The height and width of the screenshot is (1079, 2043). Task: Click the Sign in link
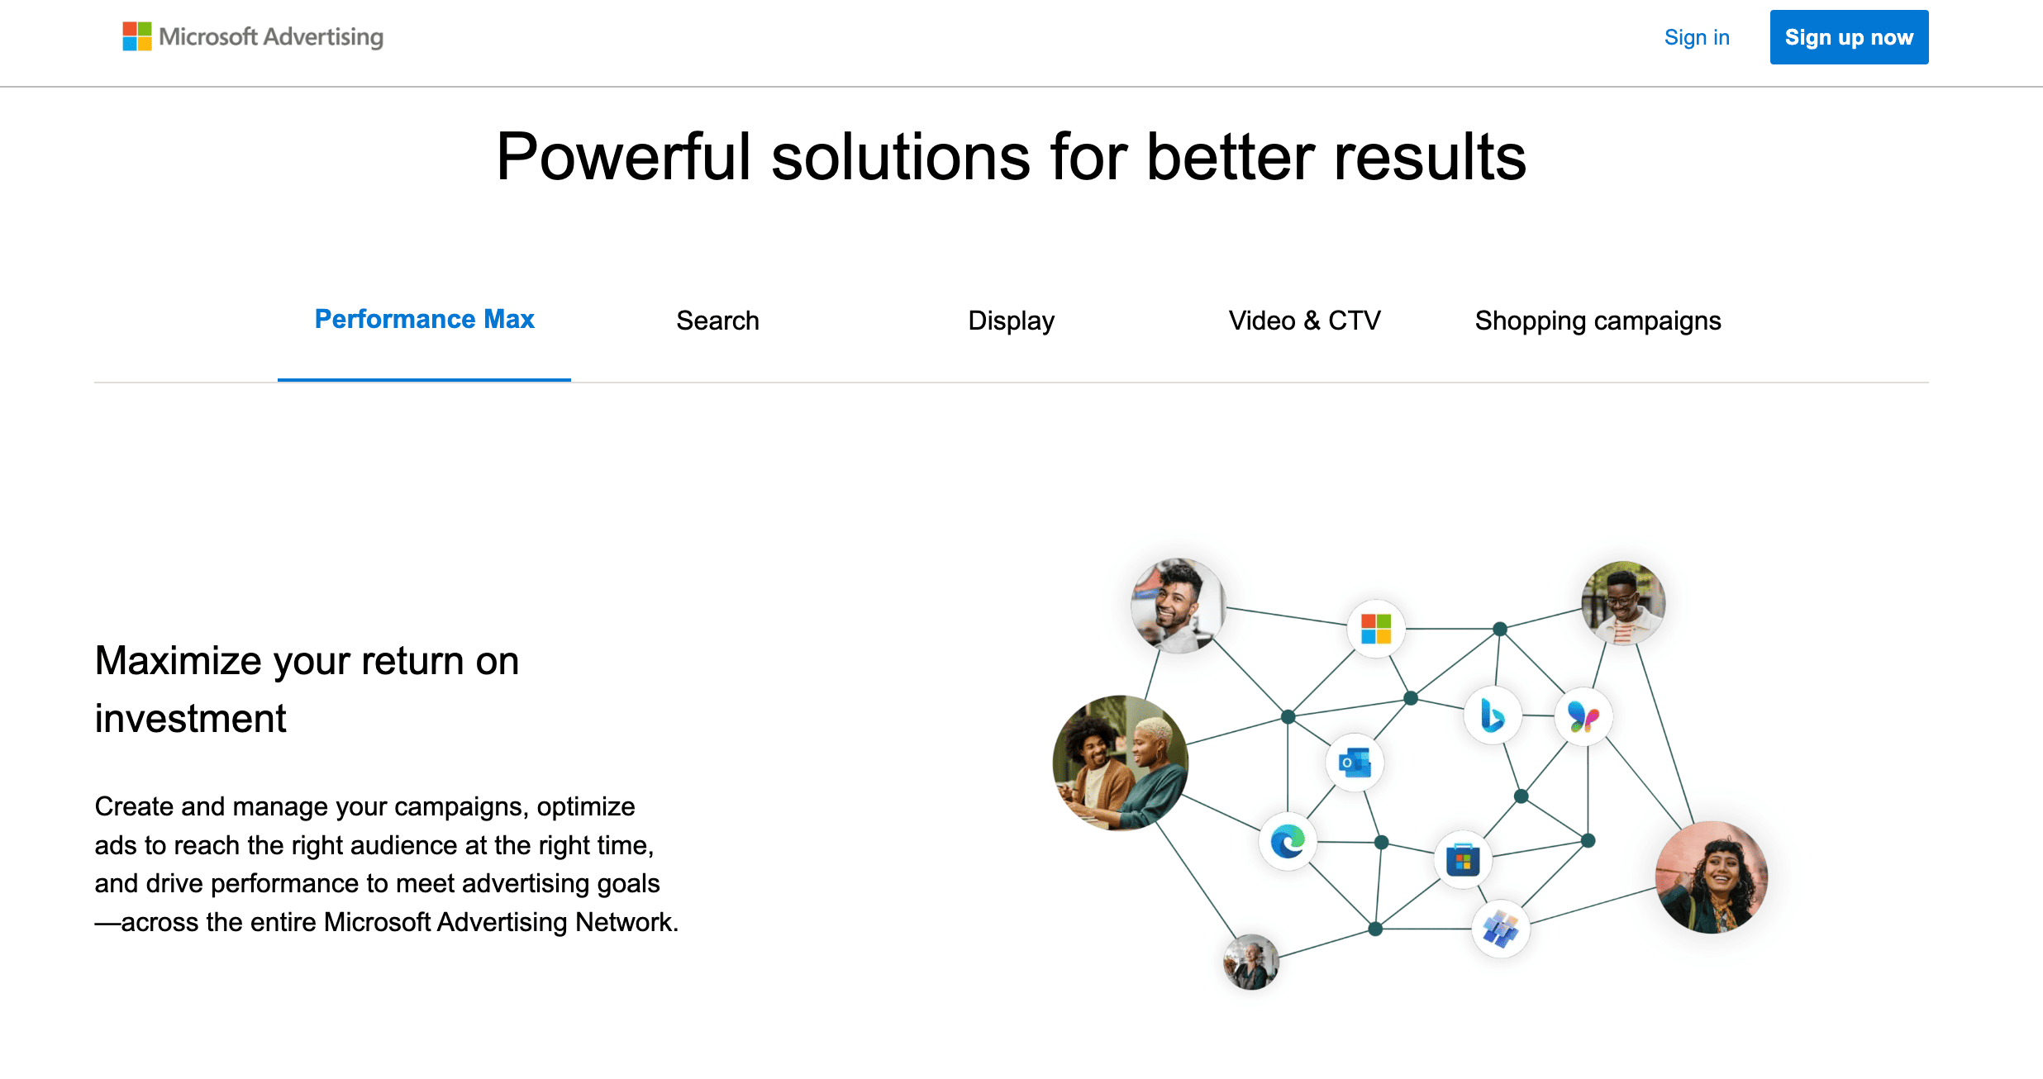point(1696,37)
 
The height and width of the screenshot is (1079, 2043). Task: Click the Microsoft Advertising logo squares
point(137,36)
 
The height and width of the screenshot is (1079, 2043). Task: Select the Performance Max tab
point(424,320)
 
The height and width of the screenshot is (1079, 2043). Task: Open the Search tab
point(717,321)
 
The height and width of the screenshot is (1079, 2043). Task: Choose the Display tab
point(1011,321)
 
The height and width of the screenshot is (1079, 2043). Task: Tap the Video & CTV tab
point(1304,321)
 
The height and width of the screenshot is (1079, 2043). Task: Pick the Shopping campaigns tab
point(1598,321)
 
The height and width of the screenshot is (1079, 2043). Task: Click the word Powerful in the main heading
point(623,157)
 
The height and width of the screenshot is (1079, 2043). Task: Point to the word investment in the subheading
point(190,719)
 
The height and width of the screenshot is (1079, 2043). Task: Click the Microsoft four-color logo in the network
point(1376,629)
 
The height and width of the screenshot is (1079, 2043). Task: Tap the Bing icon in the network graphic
point(1492,715)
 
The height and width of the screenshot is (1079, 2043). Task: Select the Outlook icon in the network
point(1355,763)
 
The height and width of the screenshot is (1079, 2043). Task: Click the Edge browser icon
point(1288,842)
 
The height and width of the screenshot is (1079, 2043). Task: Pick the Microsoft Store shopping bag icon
point(1463,861)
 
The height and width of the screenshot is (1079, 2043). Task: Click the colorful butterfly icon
point(1583,716)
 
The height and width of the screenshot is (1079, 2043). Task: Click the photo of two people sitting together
point(1121,763)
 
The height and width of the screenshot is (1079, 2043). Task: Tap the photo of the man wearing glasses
point(1623,603)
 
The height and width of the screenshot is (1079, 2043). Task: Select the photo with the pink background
point(1712,877)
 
